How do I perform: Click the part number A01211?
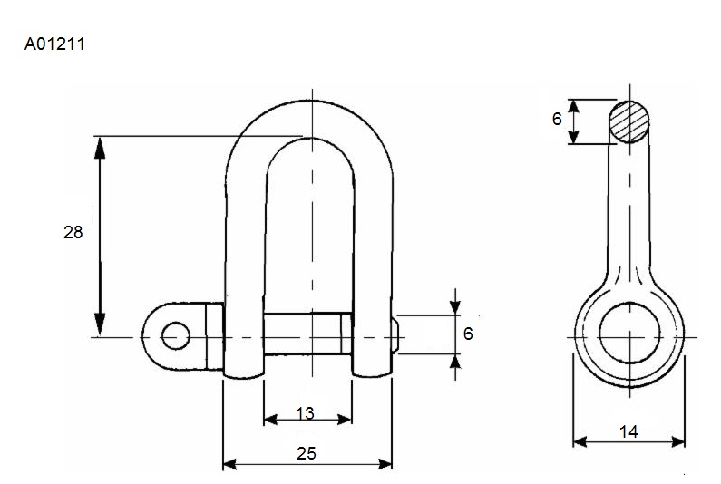[x=54, y=44]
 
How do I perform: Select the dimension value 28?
[x=73, y=233]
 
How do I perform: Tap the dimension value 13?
[x=305, y=413]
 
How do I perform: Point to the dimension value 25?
[x=307, y=454]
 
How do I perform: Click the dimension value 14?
[x=628, y=431]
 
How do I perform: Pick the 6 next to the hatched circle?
[x=557, y=119]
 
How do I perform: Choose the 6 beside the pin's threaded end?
[x=468, y=334]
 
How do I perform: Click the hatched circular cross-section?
[x=629, y=121]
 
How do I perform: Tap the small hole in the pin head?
[x=176, y=336]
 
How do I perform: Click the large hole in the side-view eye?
[x=629, y=333]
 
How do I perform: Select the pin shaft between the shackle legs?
[x=307, y=334]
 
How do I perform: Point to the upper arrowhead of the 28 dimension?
[x=100, y=147]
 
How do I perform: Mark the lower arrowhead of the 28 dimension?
[x=100, y=325]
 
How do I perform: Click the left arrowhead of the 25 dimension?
[x=229, y=464]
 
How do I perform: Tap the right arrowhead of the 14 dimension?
[x=678, y=442]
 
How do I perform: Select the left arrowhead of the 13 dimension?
[x=271, y=419]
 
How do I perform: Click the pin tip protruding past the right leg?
[x=395, y=335]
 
